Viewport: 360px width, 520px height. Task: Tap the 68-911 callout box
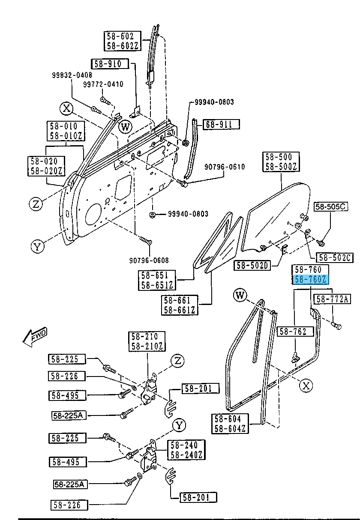(x=221, y=125)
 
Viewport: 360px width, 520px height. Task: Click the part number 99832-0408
(x=72, y=75)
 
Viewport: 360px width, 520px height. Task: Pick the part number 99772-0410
(x=103, y=84)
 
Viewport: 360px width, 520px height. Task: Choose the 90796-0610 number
(x=225, y=167)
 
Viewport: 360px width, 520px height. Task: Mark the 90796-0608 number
(x=149, y=260)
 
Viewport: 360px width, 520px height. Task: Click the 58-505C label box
(x=331, y=207)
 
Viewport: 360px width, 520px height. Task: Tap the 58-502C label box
(x=335, y=257)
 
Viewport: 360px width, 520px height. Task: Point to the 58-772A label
(x=333, y=299)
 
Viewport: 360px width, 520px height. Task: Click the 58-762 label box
(x=296, y=331)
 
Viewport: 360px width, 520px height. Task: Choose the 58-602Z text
(x=120, y=46)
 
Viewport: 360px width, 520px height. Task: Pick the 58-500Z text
(x=281, y=167)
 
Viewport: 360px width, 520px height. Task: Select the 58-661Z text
(x=180, y=310)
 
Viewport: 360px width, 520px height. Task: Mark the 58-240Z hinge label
(x=186, y=455)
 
